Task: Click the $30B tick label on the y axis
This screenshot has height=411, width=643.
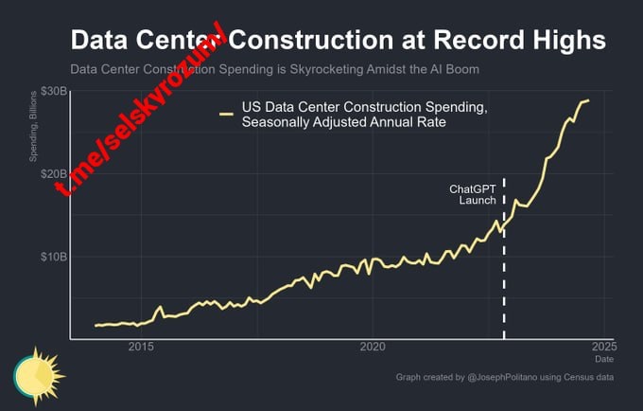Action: point(52,91)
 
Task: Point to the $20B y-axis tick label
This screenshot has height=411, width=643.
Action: point(52,174)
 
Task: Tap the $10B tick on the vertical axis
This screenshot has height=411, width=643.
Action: point(52,257)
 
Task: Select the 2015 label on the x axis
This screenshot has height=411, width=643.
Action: point(141,347)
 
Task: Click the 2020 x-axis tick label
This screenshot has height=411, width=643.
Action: point(373,347)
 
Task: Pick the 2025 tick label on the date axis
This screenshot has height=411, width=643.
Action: point(603,347)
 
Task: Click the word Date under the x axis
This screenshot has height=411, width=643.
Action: point(603,360)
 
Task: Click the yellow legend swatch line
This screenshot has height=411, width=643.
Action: point(227,115)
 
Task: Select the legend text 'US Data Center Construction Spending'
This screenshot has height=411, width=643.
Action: point(365,108)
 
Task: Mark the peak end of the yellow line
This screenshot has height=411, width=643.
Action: point(588,100)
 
